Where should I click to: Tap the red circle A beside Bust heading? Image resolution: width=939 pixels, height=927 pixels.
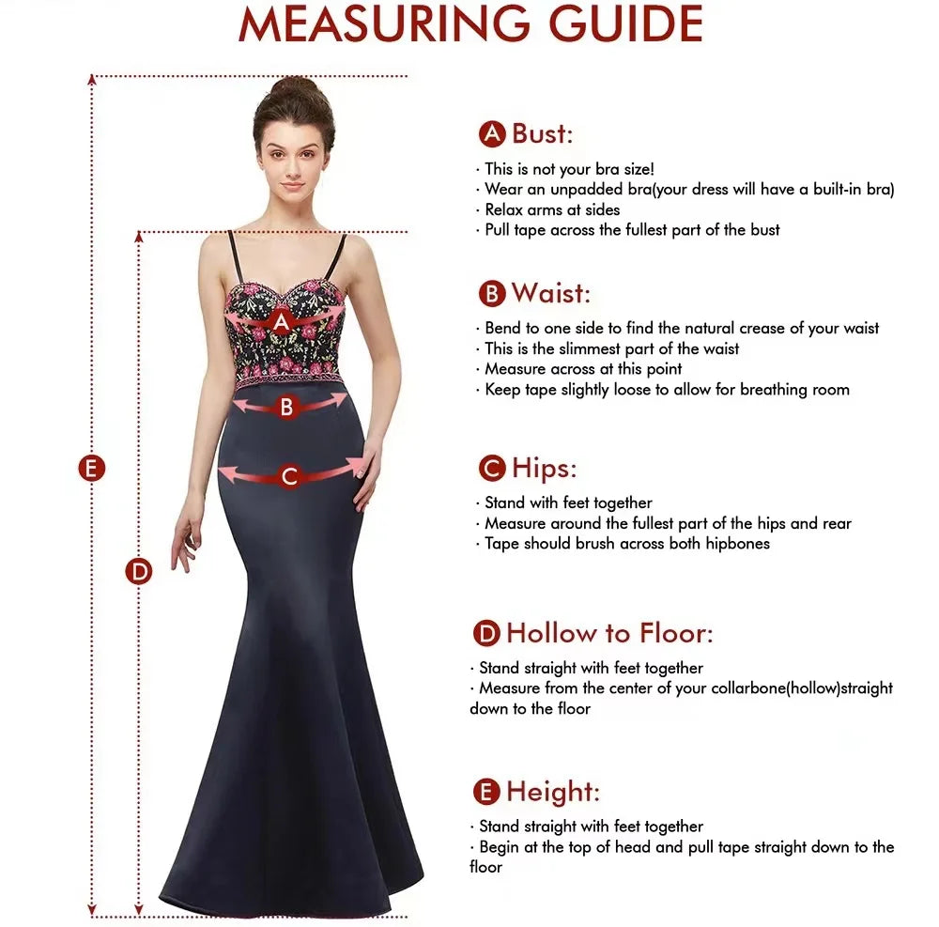click(x=492, y=133)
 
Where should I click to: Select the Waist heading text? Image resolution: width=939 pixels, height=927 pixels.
click(x=551, y=293)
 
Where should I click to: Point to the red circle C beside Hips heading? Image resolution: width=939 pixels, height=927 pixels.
click(x=492, y=468)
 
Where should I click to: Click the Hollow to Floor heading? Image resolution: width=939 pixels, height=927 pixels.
click(x=609, y=633)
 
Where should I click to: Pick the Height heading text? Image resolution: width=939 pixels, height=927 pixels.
click(x=553, y=792)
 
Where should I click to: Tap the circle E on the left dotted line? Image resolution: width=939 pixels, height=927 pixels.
click(x=92, y=468)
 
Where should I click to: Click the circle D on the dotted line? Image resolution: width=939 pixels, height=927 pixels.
click(x=139, y=570)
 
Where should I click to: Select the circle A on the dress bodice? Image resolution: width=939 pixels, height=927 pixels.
click(x=280, y=322)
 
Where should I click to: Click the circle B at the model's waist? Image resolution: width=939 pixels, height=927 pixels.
click(x=287, y=408)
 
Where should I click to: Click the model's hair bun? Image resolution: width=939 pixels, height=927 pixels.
click(x=294, y=91)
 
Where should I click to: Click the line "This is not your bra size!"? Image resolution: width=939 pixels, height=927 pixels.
click(x=569, y=169)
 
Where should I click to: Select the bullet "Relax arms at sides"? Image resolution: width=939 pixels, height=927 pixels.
click(x=552, y=209)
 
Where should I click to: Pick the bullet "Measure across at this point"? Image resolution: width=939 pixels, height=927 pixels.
click(x=583, y=369)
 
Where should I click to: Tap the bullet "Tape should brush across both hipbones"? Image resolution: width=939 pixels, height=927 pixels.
click(x=626, y=544)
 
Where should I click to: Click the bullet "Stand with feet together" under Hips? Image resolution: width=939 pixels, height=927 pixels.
click(x=568, y=502)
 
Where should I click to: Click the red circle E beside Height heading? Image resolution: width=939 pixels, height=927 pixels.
click(x=486, y=793)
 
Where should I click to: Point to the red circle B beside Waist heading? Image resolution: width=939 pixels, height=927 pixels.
click(x=492, y=294)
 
